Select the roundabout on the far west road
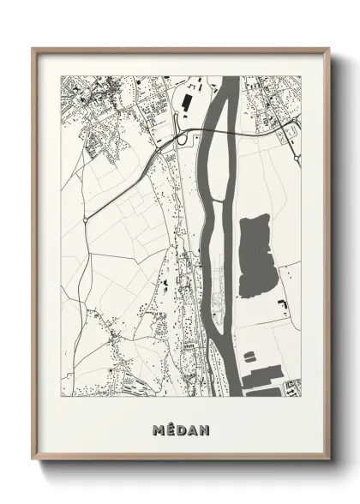(86, 220)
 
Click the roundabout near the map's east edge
(296, 159)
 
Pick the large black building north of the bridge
(185, 103)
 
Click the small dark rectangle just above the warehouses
(249, 354)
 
